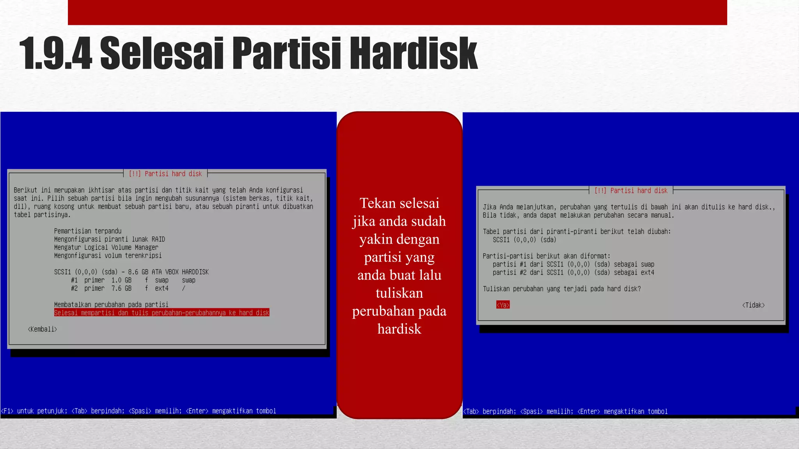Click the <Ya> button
point(503,305)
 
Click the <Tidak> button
point(753,305)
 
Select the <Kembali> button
point(42,329)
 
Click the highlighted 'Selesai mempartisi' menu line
point(162,313)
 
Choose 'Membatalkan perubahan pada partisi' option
point(111,304)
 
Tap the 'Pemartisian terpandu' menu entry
point(88,231)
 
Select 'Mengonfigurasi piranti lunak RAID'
point(110,239)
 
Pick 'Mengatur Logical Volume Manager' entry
point(106,247)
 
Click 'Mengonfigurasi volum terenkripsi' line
point(108,255)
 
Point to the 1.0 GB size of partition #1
point(121,280)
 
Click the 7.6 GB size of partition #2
point(121,288)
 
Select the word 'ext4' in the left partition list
point(162,288)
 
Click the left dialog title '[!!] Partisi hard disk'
point(165,174)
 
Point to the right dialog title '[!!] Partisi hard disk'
point(631,191)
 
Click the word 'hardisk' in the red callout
point(399,329)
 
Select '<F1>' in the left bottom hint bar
point(7,411)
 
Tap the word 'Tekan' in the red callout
point(377,203)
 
